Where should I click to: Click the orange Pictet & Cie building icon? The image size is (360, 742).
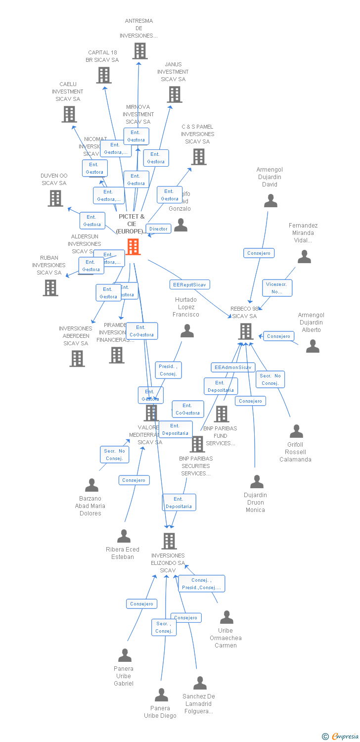pos(133,246)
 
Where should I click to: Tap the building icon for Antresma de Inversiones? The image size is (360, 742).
pos(140,51)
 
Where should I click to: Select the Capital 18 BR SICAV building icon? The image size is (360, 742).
pos(103,75)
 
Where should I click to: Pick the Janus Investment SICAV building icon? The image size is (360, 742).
pos(175,94)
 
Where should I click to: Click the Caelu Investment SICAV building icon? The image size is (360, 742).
pos(69,114)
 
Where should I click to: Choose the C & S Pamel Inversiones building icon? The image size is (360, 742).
pos(199,157)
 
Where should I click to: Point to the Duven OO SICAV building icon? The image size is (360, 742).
pos(55,198)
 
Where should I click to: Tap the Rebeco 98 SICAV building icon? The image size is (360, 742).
pos(246,331)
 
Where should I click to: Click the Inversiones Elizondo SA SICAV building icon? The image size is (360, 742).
pos(169,541)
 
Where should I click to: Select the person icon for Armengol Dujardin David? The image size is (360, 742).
pos(270,200)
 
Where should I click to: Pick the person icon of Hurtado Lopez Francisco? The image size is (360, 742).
pos(187,330)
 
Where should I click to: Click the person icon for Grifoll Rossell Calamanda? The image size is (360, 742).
pos(296,431)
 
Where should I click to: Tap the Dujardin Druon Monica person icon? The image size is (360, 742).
pos(257,481)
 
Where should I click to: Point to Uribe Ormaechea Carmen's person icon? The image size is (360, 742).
pos(226,617)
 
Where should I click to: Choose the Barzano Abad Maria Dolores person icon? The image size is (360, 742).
pos(91,485)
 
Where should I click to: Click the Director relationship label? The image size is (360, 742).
pos(158,229)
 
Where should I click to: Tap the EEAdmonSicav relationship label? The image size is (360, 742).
pos(233,368)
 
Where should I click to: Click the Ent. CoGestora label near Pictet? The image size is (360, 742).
pos(141,331)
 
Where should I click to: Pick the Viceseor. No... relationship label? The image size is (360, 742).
pos(277,288)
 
